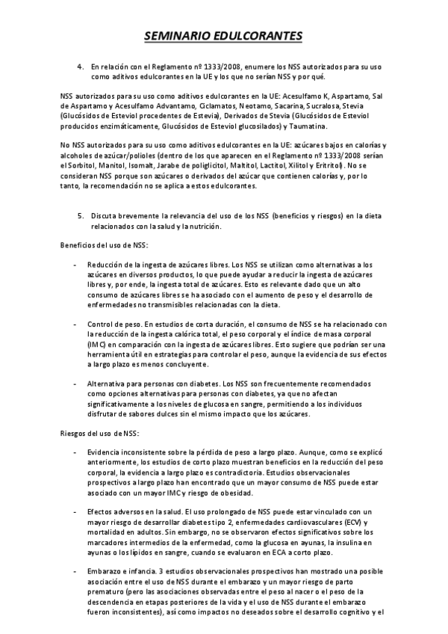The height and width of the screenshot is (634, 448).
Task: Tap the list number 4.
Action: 80,67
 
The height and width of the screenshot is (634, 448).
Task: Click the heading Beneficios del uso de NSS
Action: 105,245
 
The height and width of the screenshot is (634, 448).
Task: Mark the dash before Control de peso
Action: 75,324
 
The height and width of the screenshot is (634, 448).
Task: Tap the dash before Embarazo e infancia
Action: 75,571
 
